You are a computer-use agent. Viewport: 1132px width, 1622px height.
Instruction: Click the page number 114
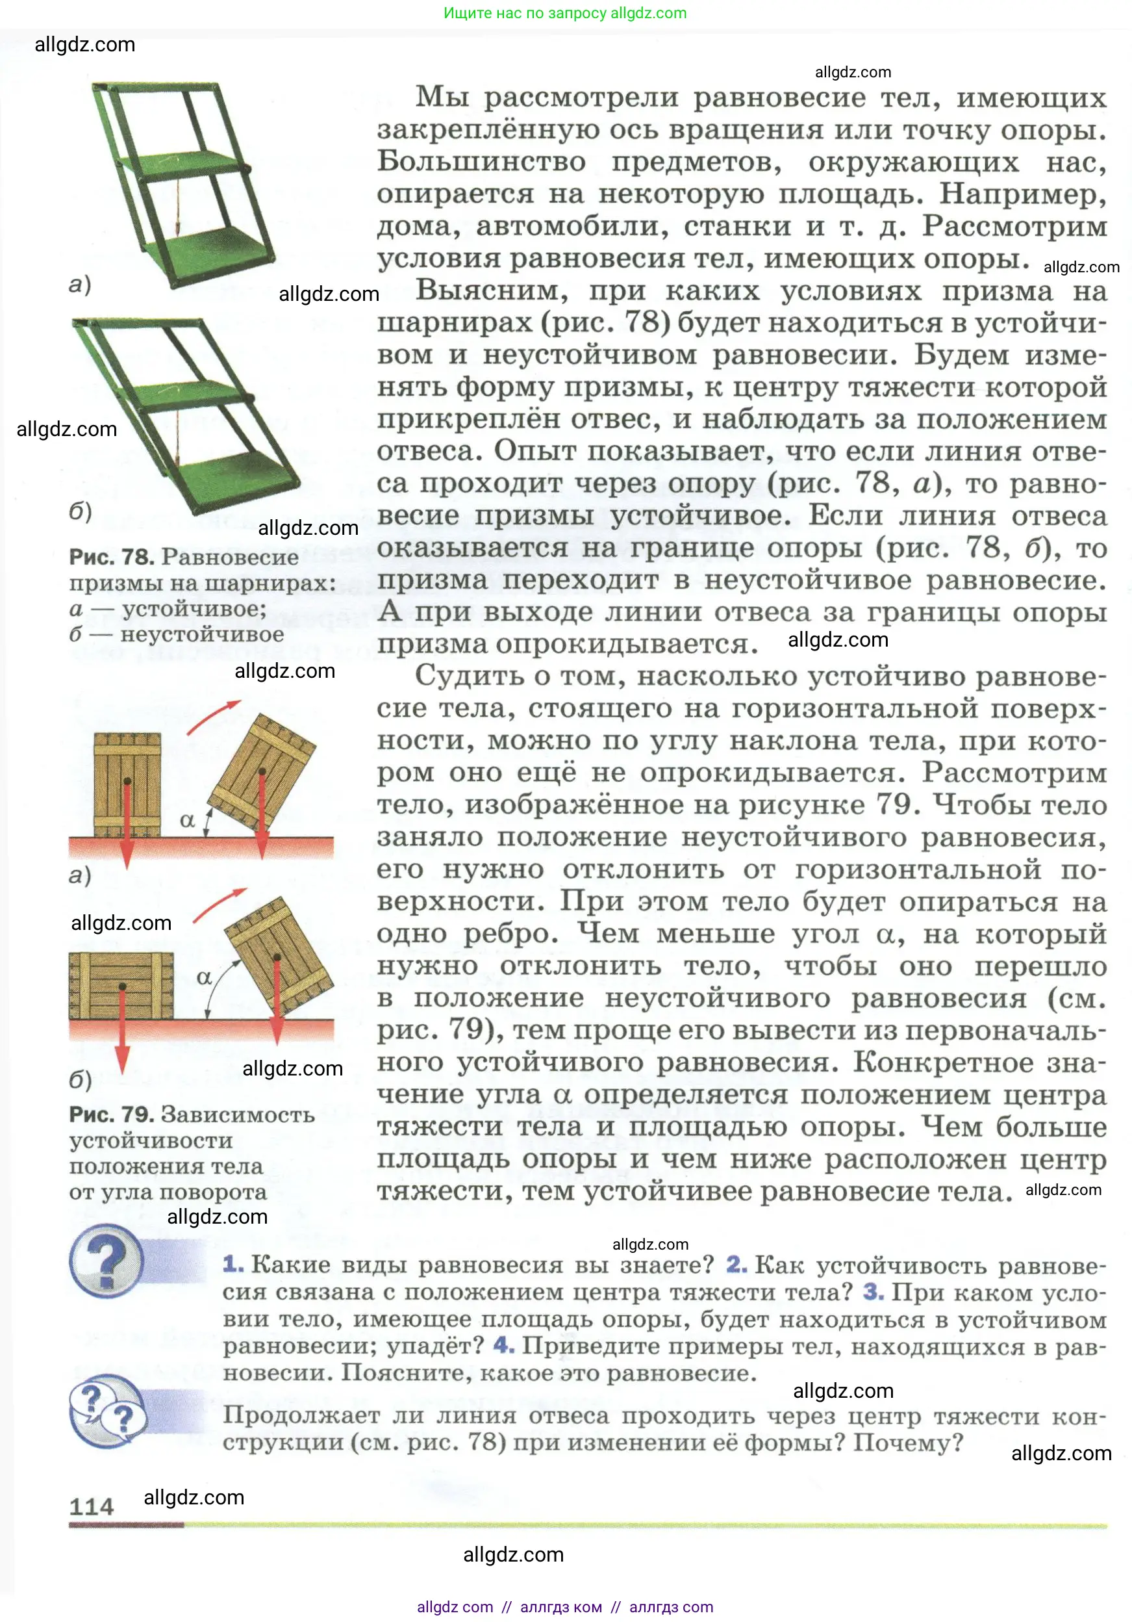pos(91,1506)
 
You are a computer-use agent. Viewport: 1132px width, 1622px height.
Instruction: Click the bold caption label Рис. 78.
pos(112,557)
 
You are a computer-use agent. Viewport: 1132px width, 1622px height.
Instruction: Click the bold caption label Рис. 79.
pos(112,1114)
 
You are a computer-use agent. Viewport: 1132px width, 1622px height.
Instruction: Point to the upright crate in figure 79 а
pos(127,784)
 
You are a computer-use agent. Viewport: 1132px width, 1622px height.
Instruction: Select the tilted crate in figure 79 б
pos(278,957)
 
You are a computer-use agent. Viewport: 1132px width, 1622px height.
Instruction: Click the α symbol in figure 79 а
pos(187,820)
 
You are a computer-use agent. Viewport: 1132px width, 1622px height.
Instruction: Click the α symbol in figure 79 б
pos(204,978)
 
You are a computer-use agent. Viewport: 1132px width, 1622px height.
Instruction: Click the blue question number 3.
pos(873,1292)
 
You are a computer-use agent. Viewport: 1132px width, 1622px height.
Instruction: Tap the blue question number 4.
pos(503,1345)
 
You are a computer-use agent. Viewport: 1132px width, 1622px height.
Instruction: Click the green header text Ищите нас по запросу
pos(526,13)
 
